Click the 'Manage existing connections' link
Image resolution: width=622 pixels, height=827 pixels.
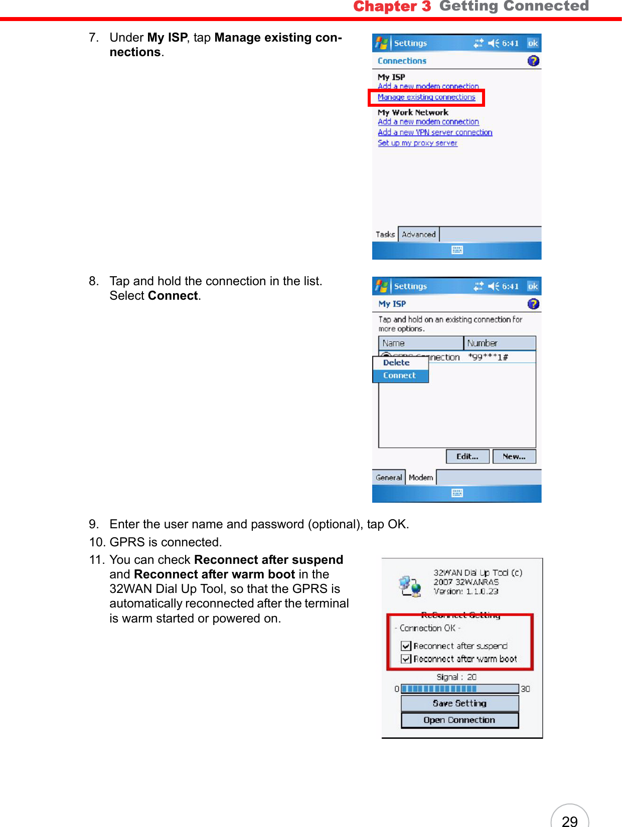point(426,97)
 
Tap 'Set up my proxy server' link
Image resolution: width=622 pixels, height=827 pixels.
point(417,143)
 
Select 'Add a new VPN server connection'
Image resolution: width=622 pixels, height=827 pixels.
point(435,132)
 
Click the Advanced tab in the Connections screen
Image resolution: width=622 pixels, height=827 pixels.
point(418,234)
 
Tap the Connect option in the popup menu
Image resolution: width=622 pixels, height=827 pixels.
point(400,375)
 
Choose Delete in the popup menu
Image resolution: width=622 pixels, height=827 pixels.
point(396,362)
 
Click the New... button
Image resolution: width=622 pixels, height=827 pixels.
point(514,457)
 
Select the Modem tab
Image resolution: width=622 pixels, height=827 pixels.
point(420,478)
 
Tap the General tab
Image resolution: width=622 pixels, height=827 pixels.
point(389,478)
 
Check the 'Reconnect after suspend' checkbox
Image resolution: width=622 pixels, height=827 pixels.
point(406,646)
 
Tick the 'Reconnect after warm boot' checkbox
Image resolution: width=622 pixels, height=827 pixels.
point(406,659)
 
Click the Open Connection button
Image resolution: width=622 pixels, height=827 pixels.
point(459,720)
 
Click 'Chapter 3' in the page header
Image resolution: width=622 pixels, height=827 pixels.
point(392,7)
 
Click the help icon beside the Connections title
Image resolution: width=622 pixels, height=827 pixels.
point(533,61)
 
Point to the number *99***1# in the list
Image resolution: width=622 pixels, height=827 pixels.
point(488,357)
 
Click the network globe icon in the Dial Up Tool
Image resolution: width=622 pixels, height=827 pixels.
point(410,585)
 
